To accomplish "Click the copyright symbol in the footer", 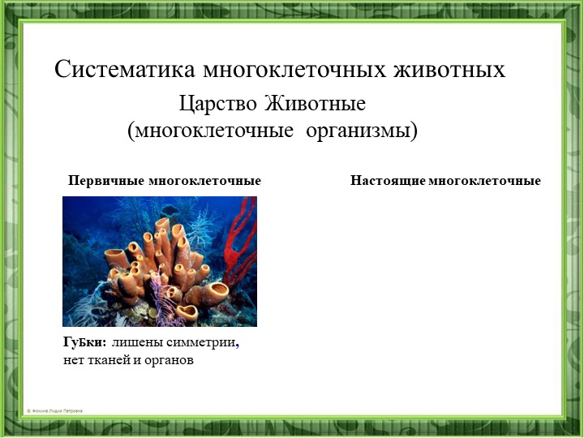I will [x=28, y=411].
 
